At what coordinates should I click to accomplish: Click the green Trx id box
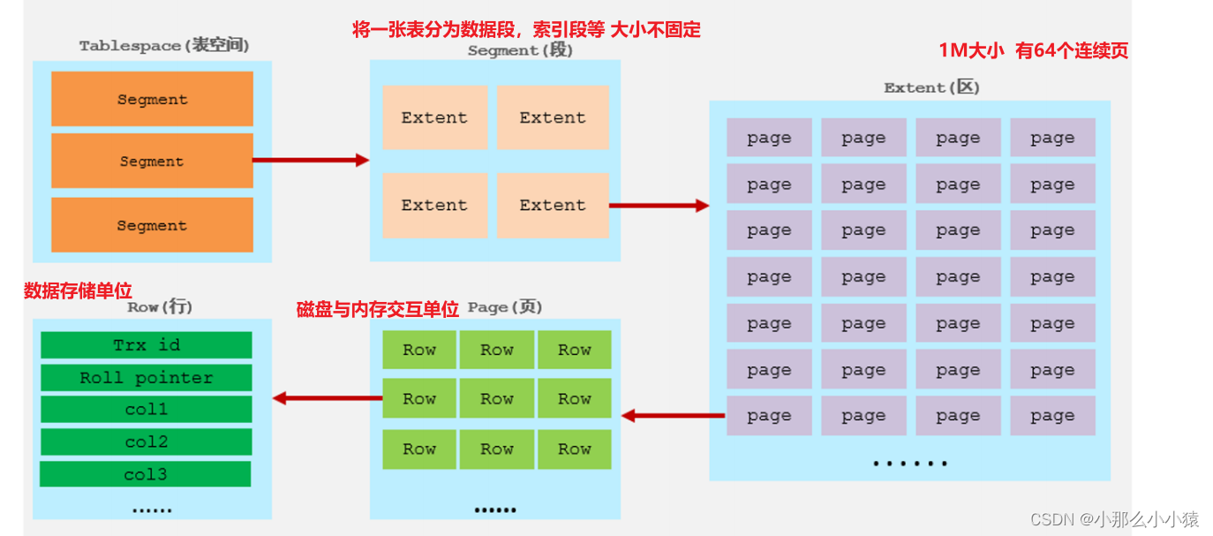147,345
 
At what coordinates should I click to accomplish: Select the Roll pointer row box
147,378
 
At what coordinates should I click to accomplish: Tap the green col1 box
147,410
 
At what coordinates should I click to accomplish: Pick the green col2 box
147,442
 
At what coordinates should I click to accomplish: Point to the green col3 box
146,474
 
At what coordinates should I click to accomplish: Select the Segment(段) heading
520,51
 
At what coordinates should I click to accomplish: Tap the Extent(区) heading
931,88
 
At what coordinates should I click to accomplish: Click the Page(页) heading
505,307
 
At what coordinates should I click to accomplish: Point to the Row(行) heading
160,307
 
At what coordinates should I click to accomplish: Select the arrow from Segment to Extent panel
659,206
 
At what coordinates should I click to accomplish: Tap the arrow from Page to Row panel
327,398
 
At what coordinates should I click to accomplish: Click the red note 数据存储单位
78,291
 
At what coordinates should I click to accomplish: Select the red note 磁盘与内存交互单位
378,309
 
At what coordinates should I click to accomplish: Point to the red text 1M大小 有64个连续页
1033,51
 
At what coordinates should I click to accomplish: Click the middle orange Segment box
152,162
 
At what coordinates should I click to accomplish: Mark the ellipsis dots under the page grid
909,463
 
